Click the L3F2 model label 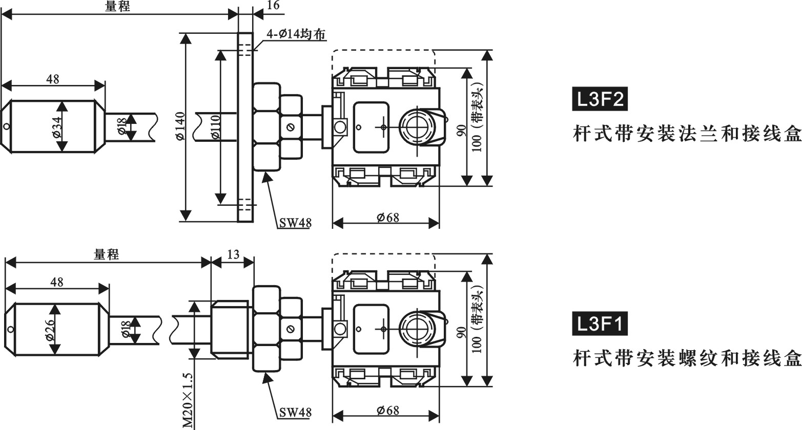tap(599, 100)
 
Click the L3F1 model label tap(599, 324)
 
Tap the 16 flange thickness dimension tap(274, 6)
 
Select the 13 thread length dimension tap(233, 254)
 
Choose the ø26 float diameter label tap(50, 330)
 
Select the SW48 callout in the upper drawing tap(295, 223)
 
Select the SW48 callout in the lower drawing tap(295, 412)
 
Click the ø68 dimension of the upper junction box tap(387, 217)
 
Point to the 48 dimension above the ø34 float tap(52, 79)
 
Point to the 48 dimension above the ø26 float tap(56, 282)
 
